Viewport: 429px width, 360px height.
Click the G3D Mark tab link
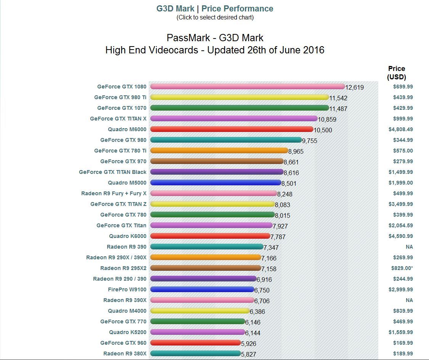click(175, 8)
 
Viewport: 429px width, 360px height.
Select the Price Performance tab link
click(237, 8)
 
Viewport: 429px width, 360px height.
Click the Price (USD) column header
click(397, 72)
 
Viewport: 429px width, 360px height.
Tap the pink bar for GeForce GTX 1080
click(247, 87)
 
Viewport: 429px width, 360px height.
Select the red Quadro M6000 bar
click(231, 129)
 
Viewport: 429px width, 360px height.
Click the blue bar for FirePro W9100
click(202, 289)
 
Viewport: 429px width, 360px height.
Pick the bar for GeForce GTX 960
click(195, 343)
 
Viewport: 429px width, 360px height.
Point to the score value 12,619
click(355, 87)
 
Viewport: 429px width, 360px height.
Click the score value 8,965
click(296, 151)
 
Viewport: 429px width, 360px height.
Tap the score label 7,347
click(271, 247)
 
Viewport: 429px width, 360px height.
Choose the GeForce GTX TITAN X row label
click(118, 119)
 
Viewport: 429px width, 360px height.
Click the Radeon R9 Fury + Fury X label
click(114, 193)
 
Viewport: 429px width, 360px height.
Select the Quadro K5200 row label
click(128, 332)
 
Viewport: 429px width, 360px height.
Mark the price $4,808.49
click(401, 129)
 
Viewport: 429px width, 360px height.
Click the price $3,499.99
click(401, 204)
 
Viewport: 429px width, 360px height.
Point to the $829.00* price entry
click(402, 268)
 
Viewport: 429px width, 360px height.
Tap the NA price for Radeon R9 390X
click(409, 300)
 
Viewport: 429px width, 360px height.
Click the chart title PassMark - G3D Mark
click(215, 38)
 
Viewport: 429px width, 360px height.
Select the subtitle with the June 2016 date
click(215, 50)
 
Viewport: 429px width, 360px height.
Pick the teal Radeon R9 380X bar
click(195, 354)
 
